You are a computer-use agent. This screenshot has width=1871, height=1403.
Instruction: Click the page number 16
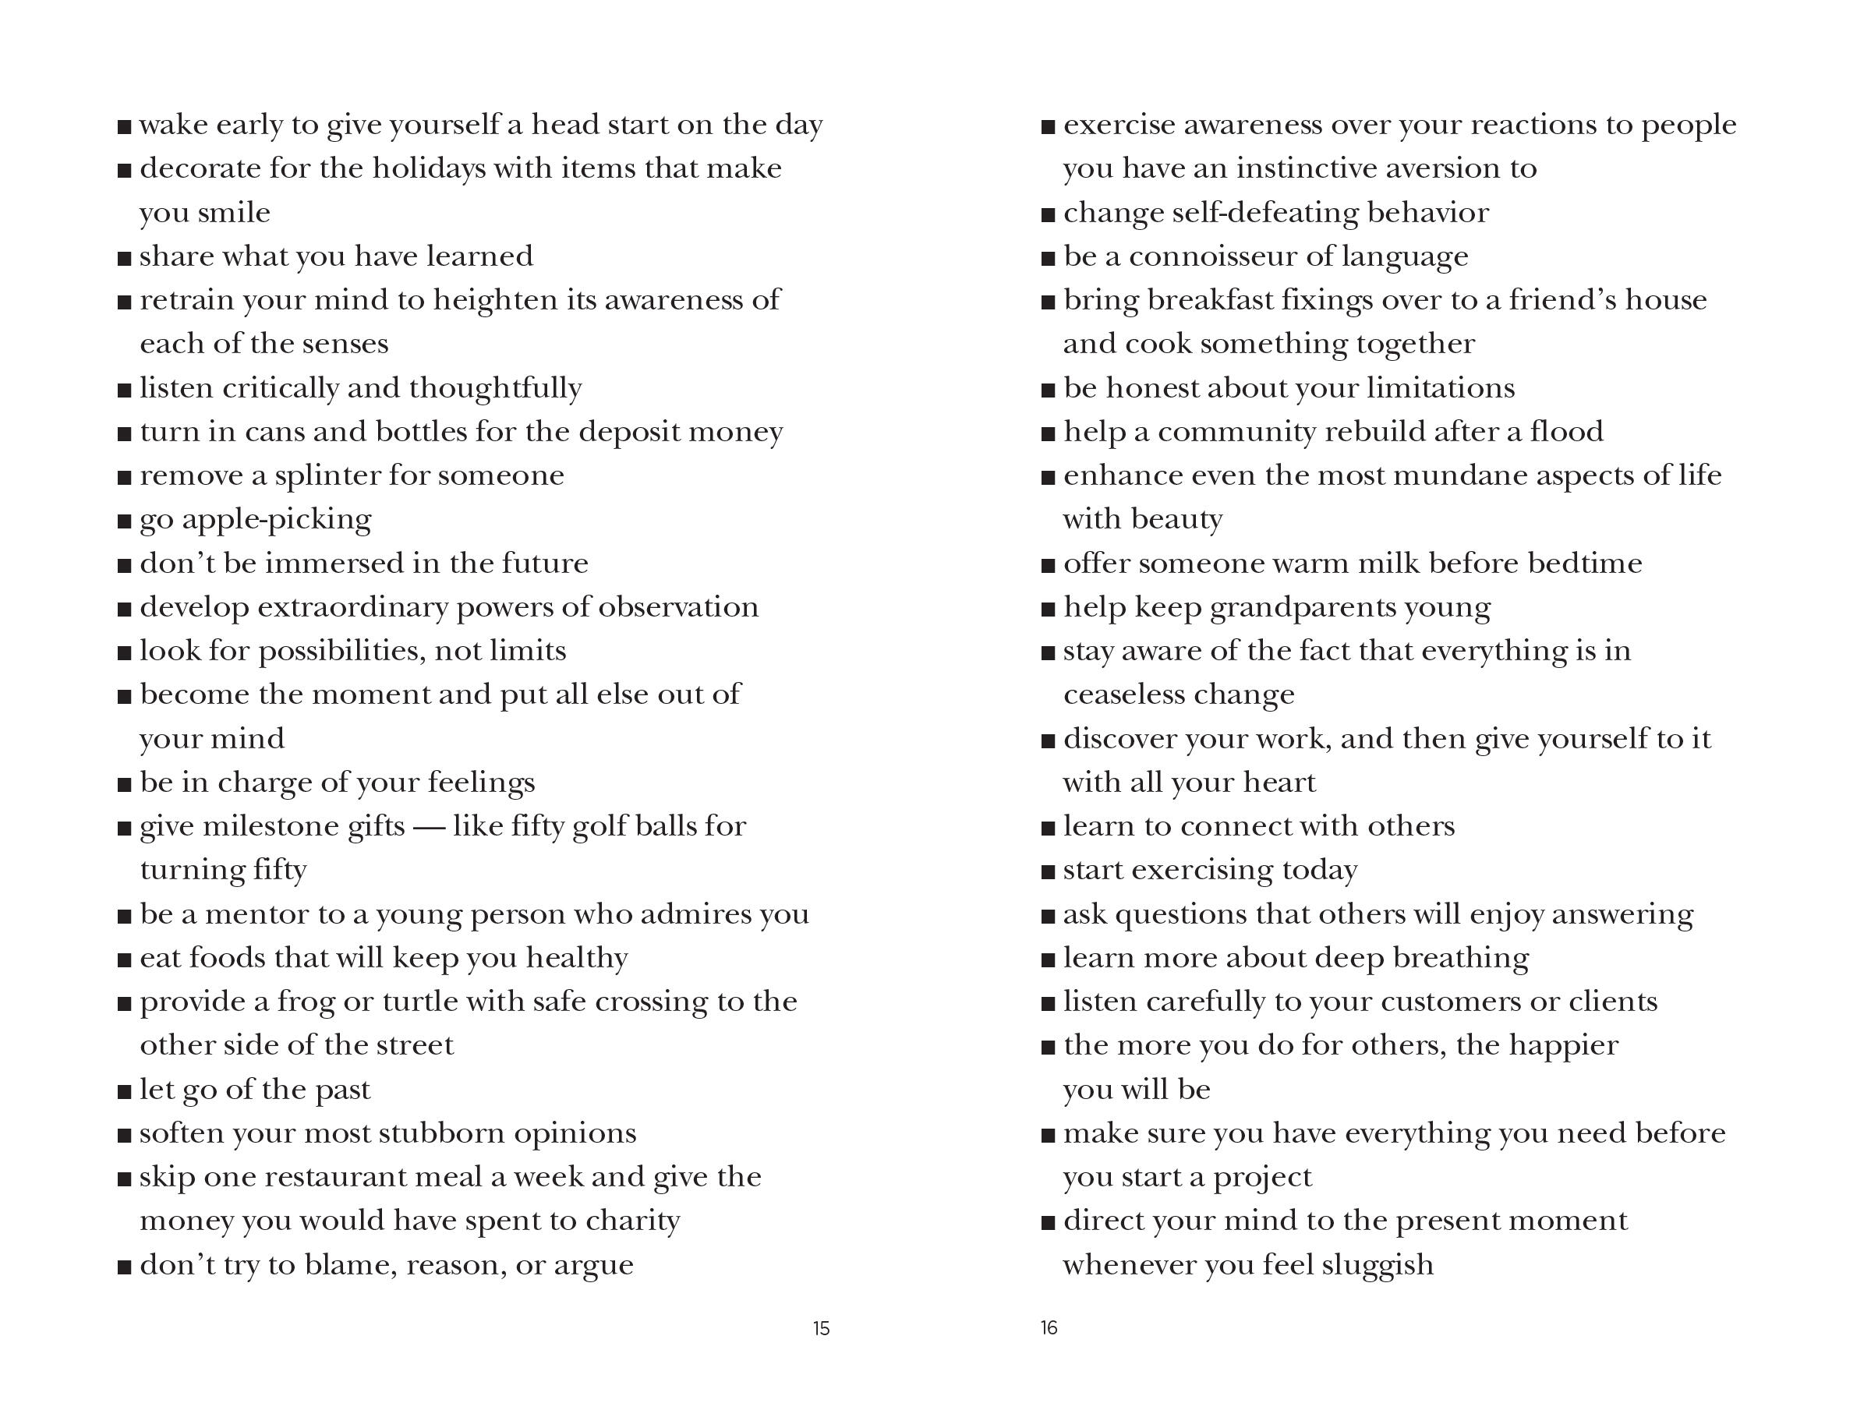click(1049, 1327)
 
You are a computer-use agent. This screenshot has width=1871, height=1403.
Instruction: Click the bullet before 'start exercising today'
click(1049, 872)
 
